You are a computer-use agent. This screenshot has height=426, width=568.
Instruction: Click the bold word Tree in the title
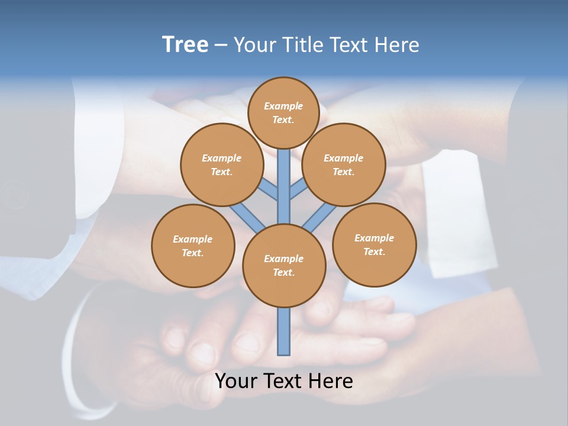pos(185,45)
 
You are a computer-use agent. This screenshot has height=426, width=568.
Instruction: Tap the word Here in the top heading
pos(397,45)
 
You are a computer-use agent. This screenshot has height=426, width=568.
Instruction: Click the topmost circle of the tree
pos(283,112)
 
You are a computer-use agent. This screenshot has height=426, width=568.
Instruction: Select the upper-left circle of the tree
pos(221,164)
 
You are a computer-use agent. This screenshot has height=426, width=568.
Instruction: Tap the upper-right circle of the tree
pos(344,164)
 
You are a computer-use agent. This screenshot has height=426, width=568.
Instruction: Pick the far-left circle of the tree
pos(193,246)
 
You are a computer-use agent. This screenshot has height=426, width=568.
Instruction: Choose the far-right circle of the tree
pos(374,244)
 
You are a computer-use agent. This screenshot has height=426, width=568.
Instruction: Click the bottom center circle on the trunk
pos(284,266)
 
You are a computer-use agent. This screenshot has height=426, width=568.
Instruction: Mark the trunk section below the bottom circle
pos(284,331)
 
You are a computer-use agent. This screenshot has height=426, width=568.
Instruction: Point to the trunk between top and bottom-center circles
pos(284,186)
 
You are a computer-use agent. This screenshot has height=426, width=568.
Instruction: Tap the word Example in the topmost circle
pos(283,106)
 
